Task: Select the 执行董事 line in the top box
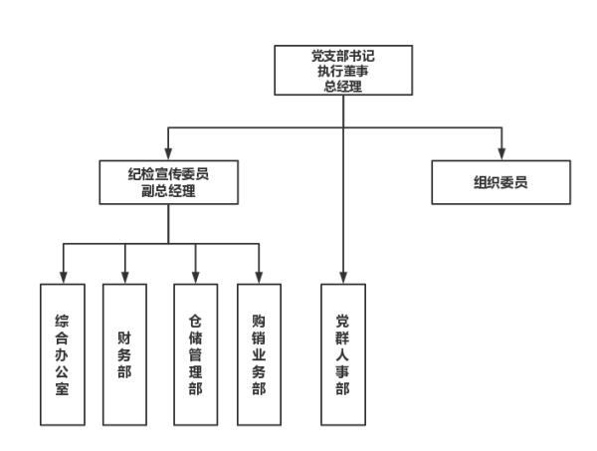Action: (x=343, y=72)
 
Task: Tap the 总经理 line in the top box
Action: (x=343, y=87)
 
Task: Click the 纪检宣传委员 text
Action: (x=168, y=173)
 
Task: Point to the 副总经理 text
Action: (x=168, y=190)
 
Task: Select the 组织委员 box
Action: (x=500, y=182)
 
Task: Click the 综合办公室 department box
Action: (x=62, y=353)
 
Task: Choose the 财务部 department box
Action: (x=124, y=353)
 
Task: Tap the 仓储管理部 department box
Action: (x=195, y=353)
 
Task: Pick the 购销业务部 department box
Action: (x=259, y=353)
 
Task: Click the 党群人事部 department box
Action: (x=343, y=353)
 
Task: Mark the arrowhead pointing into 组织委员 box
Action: (x=500, y=152)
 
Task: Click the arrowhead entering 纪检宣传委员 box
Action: (x=168, y=152)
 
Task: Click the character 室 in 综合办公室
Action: (x=62, y=388)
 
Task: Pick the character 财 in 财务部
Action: (x=124, y=337)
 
